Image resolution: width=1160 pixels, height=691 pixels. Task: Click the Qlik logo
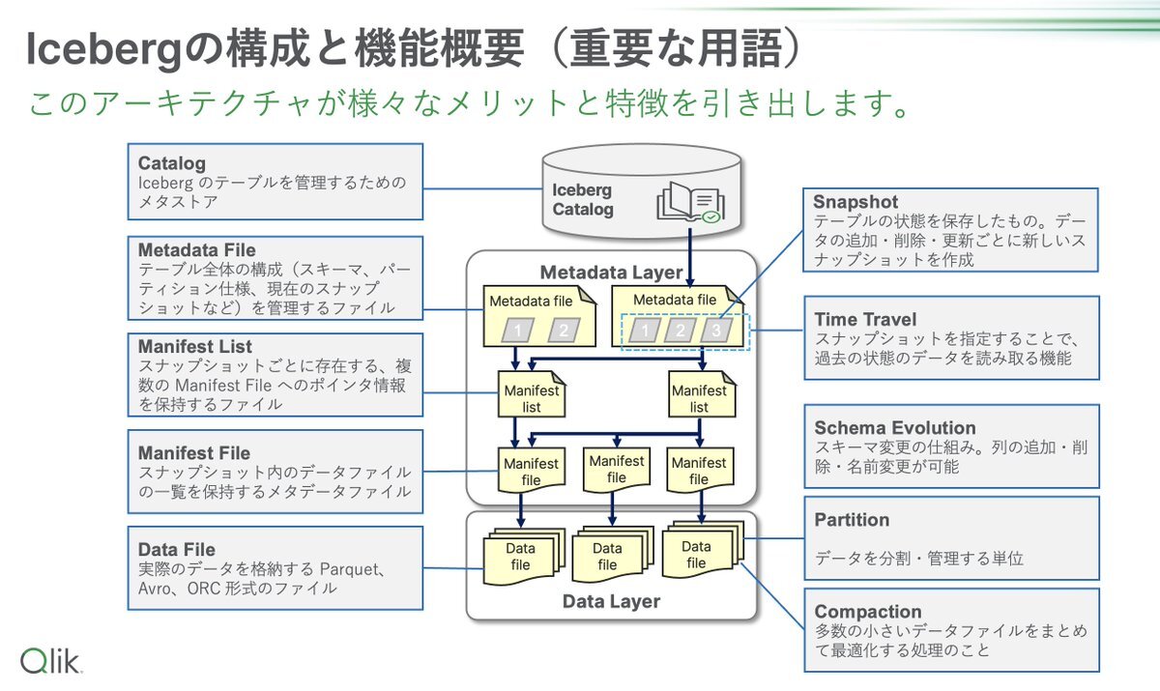click(x=50, y=660)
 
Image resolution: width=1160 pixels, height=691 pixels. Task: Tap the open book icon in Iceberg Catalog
click(x=690, y=202)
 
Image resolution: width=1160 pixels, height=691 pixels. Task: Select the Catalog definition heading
click(x=171, y=163)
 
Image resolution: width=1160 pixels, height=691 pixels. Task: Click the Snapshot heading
click(x=855, y=201)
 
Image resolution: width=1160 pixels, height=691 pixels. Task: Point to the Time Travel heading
click(x=865, y=319)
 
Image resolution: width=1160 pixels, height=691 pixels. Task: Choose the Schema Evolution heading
click(x=894, y=427)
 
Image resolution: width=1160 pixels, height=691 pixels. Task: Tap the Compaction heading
click(x=867, y=612)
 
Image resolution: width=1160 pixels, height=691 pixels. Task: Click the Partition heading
click(x=852, y=519)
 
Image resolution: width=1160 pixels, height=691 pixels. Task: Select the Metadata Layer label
click(x=611, y=273)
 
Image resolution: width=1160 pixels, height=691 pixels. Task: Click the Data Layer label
click(x=611, y=601)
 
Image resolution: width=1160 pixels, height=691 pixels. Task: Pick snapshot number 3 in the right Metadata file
click(x=716, y=331)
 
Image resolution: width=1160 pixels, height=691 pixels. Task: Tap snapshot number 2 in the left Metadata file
click(x=564, y=331)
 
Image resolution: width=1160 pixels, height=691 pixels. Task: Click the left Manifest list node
click(x=532, y=394)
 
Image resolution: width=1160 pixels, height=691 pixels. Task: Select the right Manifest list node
click(x=701, y=394)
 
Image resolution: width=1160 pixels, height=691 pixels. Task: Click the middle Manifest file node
click(x=617, y=470)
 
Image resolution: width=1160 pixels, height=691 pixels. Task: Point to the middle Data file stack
click(x=612, y=555)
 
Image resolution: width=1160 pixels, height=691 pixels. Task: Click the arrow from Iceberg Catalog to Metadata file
click(x=690, y=258)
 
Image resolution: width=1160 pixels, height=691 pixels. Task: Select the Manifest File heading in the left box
click(x=194, y=453)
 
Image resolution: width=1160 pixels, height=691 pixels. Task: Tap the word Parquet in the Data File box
click(x=349, y=569)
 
